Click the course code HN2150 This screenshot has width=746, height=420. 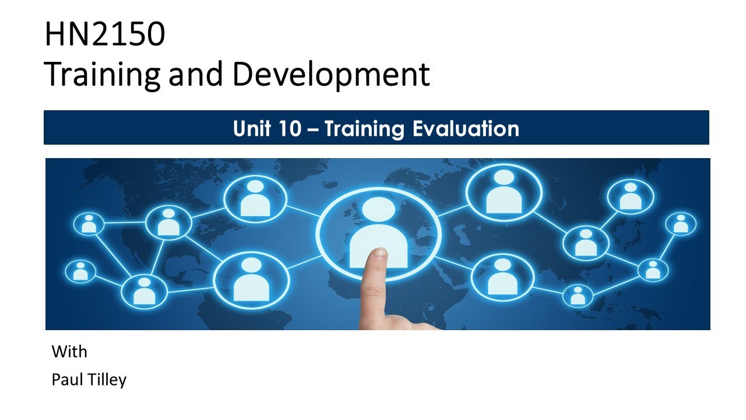pos(105,35)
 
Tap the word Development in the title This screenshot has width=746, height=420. pos(332,75)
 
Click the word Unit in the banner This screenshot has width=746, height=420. pos(252,128)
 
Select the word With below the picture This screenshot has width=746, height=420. pos(69,352)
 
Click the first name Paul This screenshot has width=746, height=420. pos(64,380)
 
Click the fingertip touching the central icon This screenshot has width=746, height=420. pos(379,255)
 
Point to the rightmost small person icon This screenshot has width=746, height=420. pos(680,223)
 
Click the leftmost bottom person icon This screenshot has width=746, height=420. pos(80,271)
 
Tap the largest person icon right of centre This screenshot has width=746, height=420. pos(504,193)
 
